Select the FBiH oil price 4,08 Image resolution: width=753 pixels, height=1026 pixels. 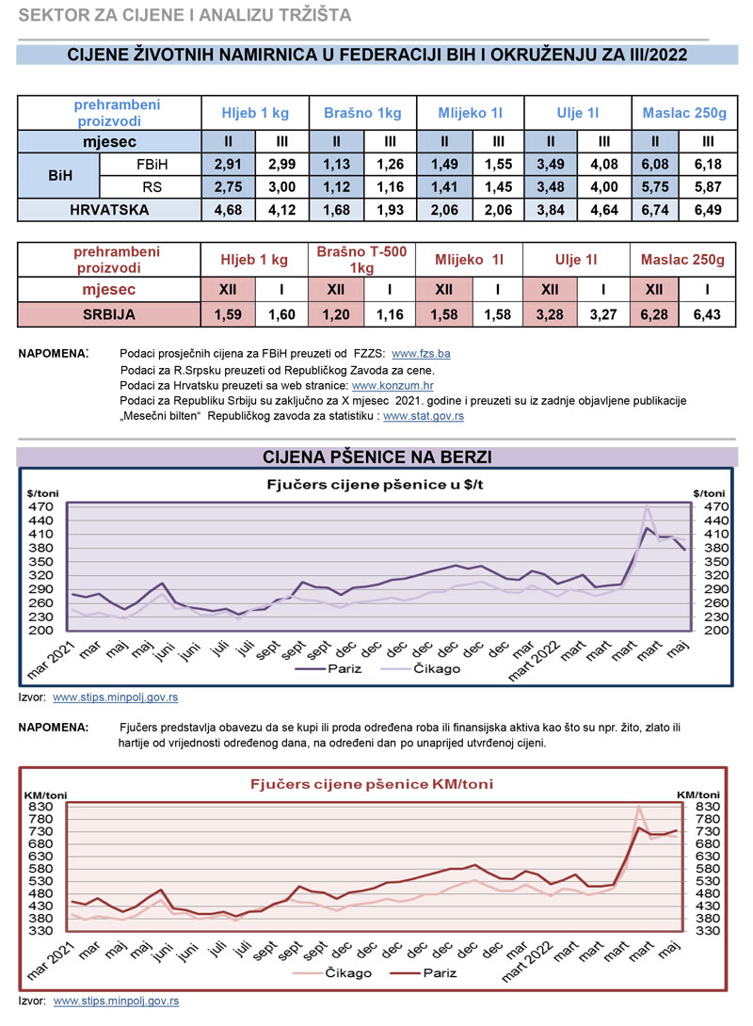[x=601, y=165]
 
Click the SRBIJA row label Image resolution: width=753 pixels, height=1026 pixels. [x=109, y=314]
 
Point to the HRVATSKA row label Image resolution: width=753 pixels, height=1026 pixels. [x=109, y=210]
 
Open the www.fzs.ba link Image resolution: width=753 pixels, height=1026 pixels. [x=421, y=354]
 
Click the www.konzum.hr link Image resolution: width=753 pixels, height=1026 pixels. [x=393, y=385]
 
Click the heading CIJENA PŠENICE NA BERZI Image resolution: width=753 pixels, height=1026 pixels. [x=376, y=457]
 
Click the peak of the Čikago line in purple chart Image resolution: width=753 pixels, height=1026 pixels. [x=647, y=506]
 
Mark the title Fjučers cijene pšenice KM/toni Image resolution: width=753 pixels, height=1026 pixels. [x=371, y=783]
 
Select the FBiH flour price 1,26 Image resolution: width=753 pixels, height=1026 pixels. [x=390, y=165]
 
